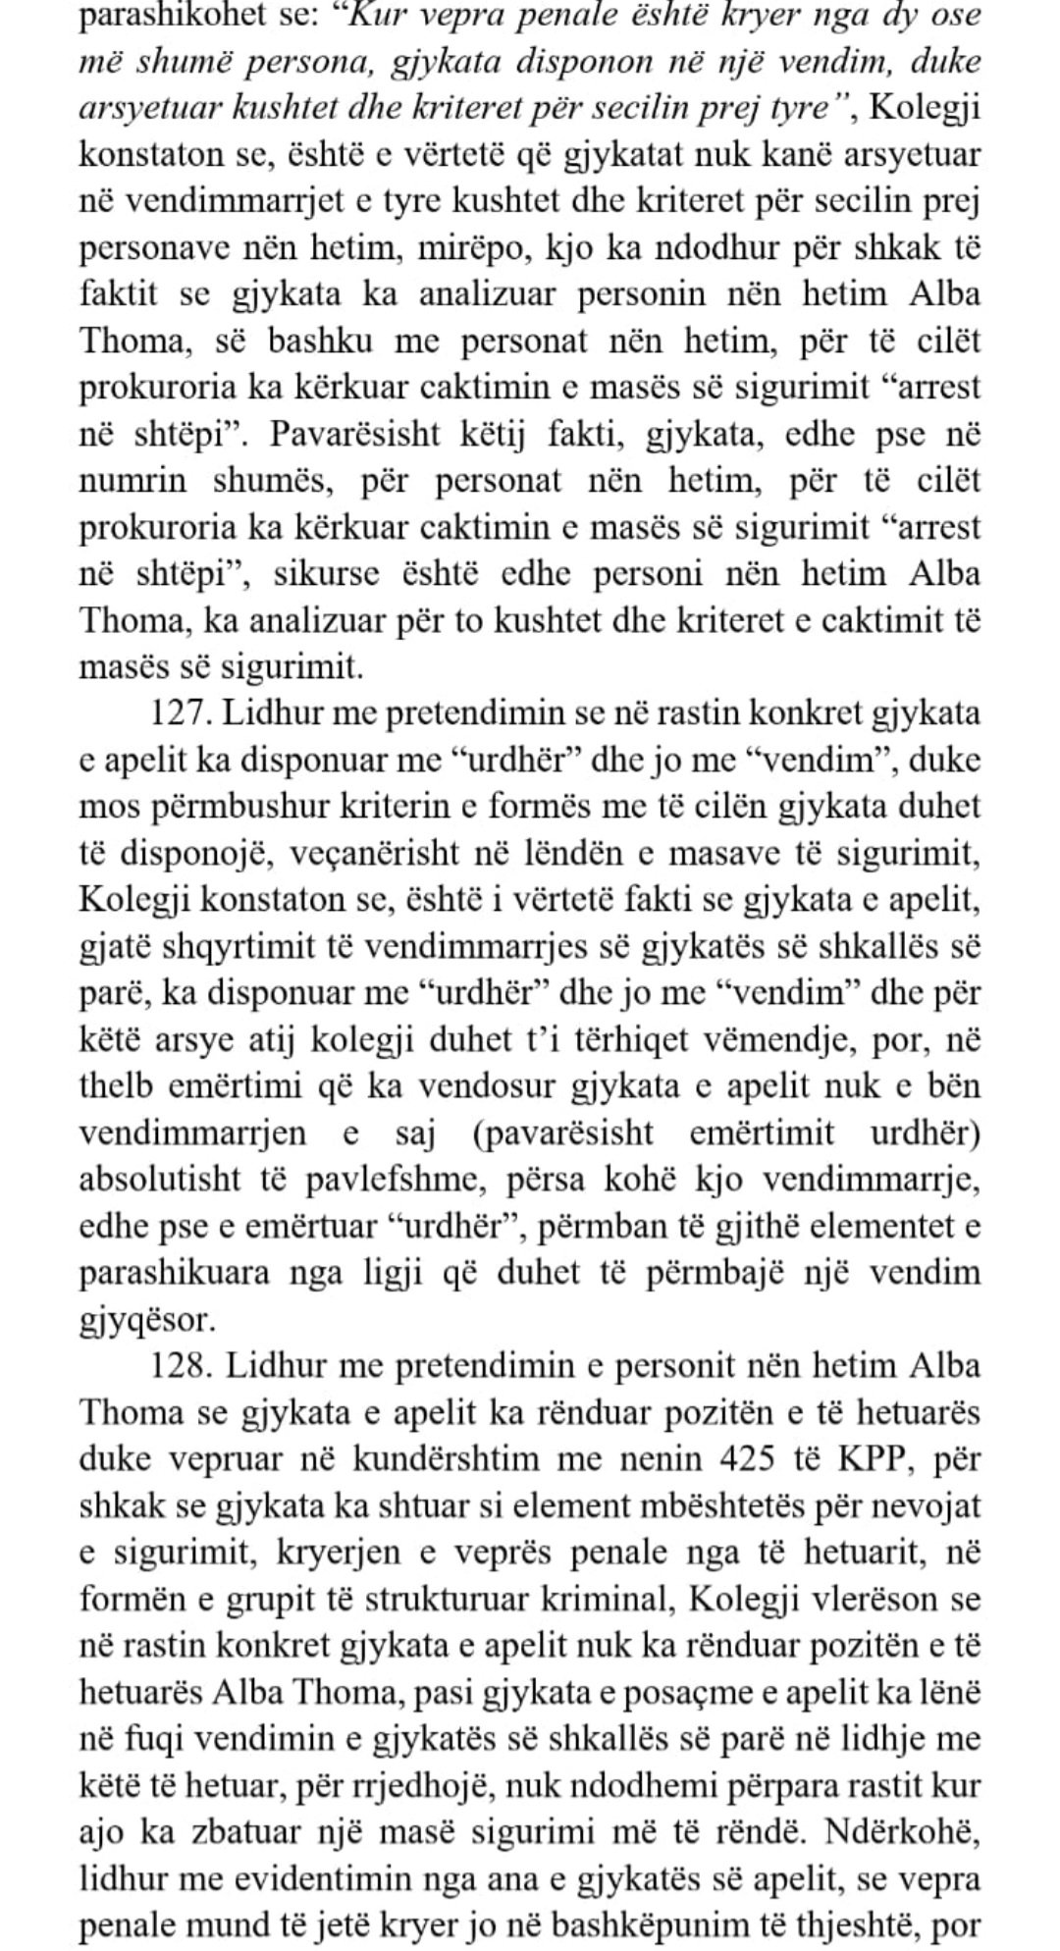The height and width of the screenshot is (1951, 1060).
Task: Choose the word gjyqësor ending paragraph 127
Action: pos(145,1321)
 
